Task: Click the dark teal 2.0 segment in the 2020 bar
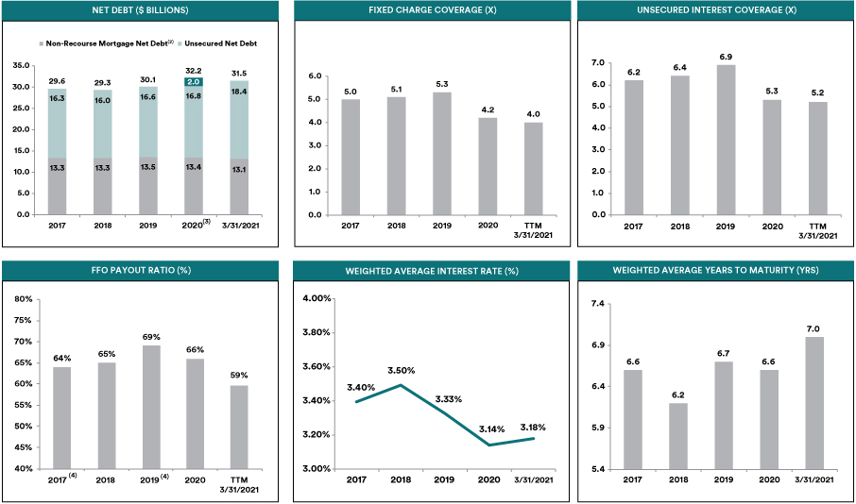tap(194, 82)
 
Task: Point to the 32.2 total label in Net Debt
tap(194, 71)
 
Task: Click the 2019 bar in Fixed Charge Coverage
tap(442, 153)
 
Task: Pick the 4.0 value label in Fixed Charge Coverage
tap(533, 113)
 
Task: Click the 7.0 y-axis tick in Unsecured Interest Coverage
tap(598, 63)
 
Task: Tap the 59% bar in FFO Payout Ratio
tap(239, 428)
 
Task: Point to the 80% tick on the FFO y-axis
tap(25, 299)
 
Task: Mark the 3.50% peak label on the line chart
tap(402, 370)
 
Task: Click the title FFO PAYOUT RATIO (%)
tap(138, 270)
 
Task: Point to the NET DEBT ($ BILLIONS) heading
tap(138, 10)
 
